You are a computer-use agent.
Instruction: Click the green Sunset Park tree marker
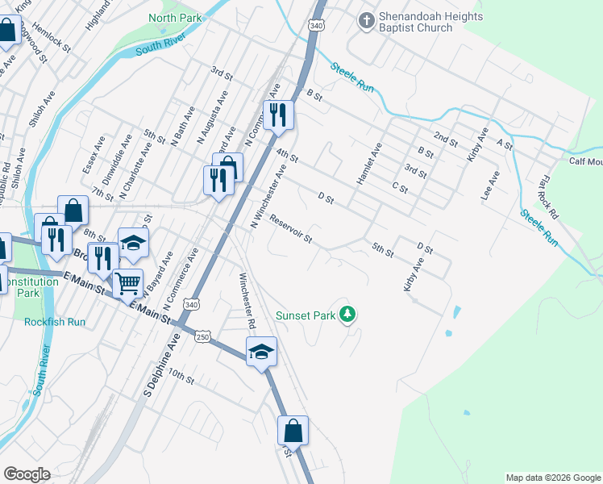click(347, 314)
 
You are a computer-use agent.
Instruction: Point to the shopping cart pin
click(128, 284)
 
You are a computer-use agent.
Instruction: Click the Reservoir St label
click(291, 229)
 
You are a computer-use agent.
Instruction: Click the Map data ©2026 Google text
click(552, 478)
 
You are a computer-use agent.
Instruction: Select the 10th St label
click(181, 378)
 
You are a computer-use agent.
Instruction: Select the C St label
click(399, 187)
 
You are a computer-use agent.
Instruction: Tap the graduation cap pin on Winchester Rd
click(260, 353)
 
